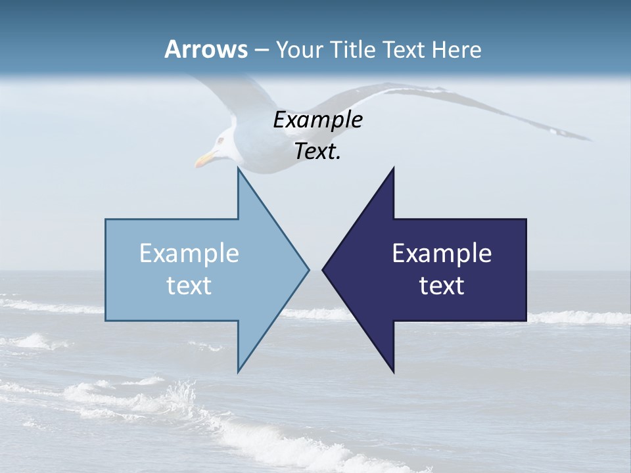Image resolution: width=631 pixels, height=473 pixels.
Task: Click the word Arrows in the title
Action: [206, 49]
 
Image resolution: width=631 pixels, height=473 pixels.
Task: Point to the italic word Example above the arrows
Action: [317, 120]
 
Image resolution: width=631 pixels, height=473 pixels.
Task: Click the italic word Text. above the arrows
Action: [317, 152]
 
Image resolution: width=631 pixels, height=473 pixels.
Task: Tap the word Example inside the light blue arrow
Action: [189, 253]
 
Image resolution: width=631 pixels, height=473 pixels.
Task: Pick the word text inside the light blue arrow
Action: [189, 286]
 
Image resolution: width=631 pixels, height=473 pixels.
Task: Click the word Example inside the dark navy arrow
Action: [442, 253]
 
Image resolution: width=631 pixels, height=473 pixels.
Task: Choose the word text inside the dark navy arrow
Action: [442, 286]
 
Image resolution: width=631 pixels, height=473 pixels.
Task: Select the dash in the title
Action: [260, 50]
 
